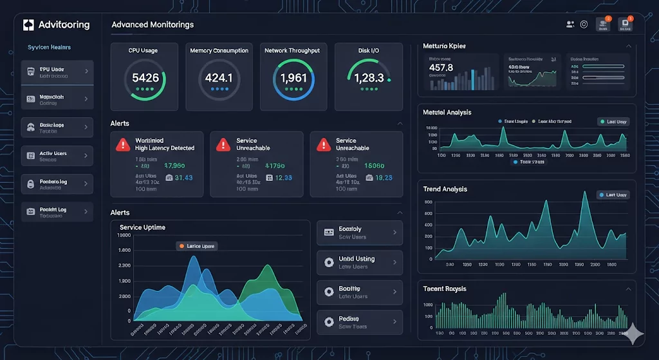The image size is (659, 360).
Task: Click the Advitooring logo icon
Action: click(x=28, y=25)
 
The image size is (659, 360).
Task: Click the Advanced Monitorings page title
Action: click(x=153, y=25)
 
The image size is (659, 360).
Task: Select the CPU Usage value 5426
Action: click(x=145, y=78)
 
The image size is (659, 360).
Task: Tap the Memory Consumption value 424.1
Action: click(x=219, y=78)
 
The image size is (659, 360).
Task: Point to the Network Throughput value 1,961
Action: click(x=293, y=78)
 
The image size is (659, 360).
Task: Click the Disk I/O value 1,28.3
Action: click(x=368, y=78)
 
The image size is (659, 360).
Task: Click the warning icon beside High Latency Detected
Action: click(x=123, y=145)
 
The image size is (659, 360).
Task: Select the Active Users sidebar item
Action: click(x=57, y=156)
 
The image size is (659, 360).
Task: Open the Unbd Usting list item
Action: click(x=359, y=262)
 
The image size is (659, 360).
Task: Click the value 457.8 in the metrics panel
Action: click(x=441, y=68)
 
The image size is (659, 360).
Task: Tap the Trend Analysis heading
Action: click(x=445, y=189)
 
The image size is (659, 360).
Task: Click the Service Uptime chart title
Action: click(x=142, y=227)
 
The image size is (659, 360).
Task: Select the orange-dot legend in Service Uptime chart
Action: click(x=196, y=246)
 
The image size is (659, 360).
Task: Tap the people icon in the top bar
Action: click(x=570, y=24)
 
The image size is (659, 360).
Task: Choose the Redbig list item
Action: click(x=359, y=322)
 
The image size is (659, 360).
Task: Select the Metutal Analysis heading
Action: click(x=447, y=113)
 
